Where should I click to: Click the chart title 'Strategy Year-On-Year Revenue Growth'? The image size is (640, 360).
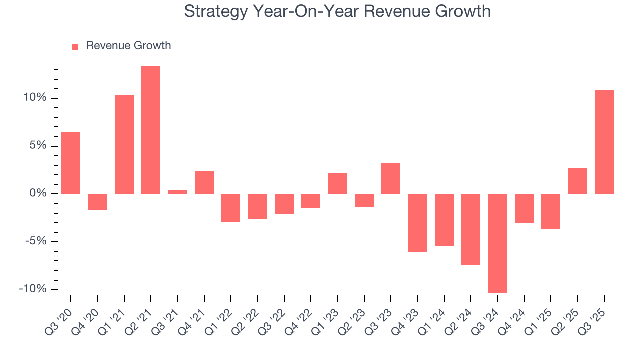pyautogui.click(x=337, y=11)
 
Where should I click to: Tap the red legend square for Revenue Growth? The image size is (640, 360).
pyautogui.click(x=75, y=46)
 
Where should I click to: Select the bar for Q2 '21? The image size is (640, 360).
pyautogui.click(x=151, y=130)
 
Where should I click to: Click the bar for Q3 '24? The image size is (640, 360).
pyautogui.click(x=497, y=243)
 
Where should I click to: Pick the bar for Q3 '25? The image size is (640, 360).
pyautogui.click(x=604, y=142)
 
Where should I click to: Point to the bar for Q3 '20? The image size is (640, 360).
pyautogui.click(x=71, y=163)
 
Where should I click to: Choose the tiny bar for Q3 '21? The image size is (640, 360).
pyautogui.click(x=177, y=192)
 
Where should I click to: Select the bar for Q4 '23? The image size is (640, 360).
pyautogui.click(x=417, y=223)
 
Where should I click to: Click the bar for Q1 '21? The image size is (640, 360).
pyautogui.click(x=124, y=144)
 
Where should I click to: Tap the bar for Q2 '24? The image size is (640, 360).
pyautogui.click(x=471, y=229)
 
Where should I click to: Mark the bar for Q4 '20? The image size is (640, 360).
pyautogui.click(x=98, y=202)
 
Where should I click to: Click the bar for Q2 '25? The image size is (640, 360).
pyautogui.click(x=577, y=181)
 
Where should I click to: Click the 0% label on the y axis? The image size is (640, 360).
pyautogui.click(x=39, y=194)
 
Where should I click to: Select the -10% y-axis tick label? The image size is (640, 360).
pyautogui.click(x=34, y=289)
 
